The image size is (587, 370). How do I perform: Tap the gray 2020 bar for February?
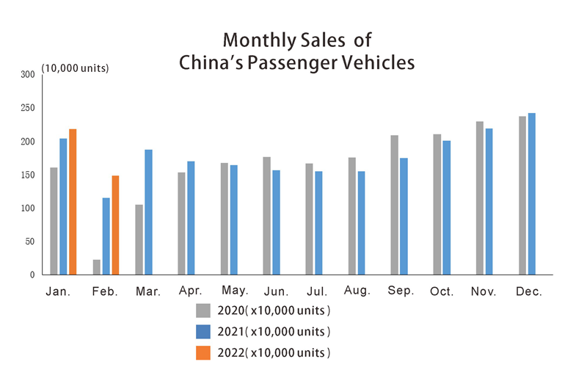[x=96, y=267]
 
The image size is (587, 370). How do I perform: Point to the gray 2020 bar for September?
[x=395, y=205]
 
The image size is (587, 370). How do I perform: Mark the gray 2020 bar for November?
[x=480, y=198]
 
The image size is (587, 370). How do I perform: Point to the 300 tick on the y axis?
[x=28, y=75]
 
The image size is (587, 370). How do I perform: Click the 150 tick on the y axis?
[x=28, y=175]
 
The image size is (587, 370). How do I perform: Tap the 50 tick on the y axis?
[x=30, y=242]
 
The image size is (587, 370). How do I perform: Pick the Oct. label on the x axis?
[x=442, y=292]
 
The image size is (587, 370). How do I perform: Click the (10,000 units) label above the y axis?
[x=76, y=68]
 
